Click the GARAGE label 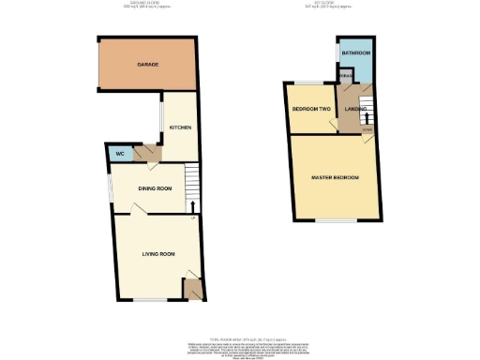click(x=147, y=65)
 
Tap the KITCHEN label click(x=180, y=127)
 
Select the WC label click(x=119, y=154)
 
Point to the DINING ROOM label click(x=155, y=188)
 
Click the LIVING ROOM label click(x=152, y=253)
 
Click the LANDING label click(x=355, y=110)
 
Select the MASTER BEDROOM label click(x=335, y=177)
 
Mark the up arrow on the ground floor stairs click(x=192, y=205)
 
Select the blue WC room click(x=119, y=154)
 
